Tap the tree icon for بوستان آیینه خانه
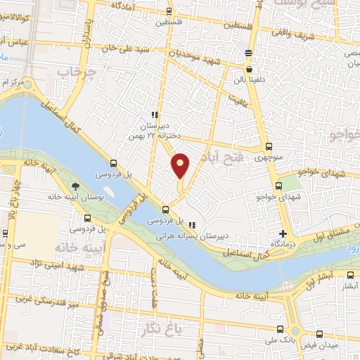click(75, 186)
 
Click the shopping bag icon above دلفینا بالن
click(250, 70)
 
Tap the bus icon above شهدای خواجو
click(278, 186)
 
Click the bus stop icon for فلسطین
click(167, 11)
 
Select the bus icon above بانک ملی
click(281, 329)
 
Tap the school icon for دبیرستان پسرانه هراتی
click(193, 226)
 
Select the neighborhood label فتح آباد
click(222, 157)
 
